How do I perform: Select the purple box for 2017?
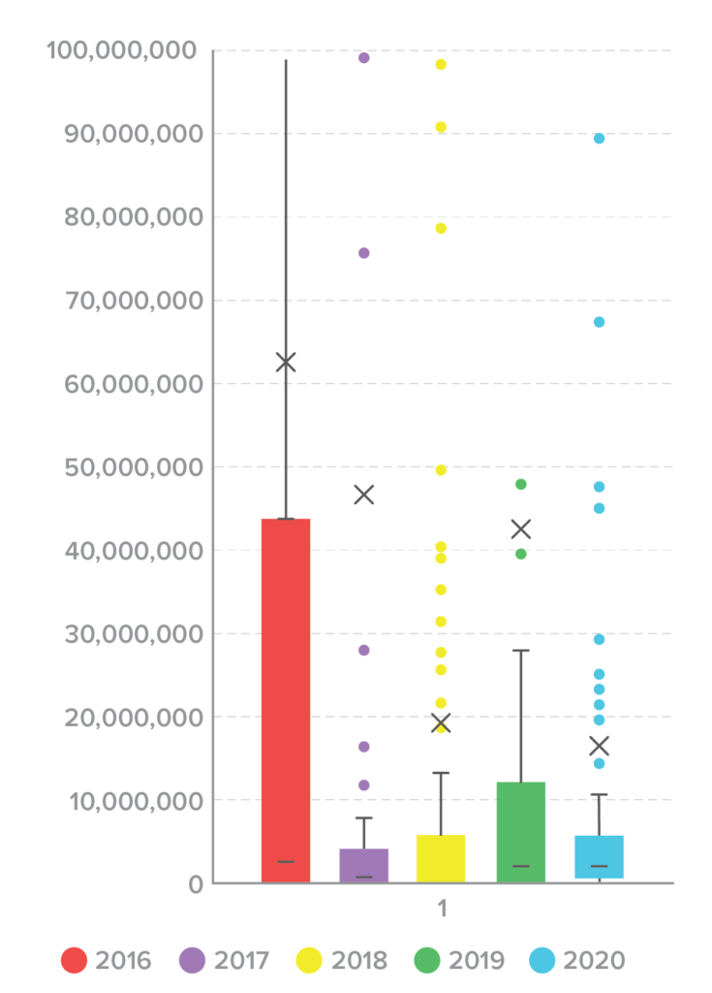point(364,865)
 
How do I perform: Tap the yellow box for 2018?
point(441,858)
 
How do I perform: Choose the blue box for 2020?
point(599,856)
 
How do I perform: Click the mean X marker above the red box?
point(286,363)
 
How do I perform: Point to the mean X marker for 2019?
point(521,529)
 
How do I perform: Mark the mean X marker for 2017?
point(364,495)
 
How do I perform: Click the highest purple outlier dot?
point(364,58)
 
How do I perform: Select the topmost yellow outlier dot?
point(441,65)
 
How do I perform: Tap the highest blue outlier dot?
point(599,139)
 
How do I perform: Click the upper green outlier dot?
point(521,484)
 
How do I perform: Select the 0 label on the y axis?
point(194,883)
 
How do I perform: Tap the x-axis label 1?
point(442,910)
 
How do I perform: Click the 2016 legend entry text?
point(123,961)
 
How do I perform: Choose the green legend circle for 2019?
point(425,961)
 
